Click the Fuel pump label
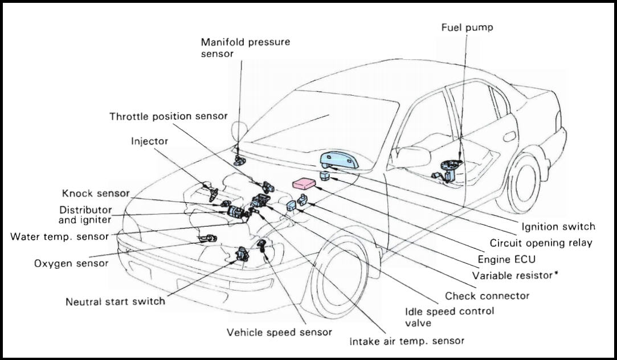click(467, 27)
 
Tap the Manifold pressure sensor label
click(237, 47)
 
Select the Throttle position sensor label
click(169, 116)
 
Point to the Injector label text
click(149, 141)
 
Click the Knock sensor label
click(96, 194)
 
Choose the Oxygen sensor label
click(71, 264)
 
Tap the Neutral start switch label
click(116, 301)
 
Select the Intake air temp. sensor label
click(407, 341)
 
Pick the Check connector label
click(487, 296)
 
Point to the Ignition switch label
click(558, 227)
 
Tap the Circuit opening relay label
click(541, 243)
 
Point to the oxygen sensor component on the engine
click(207, 238)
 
